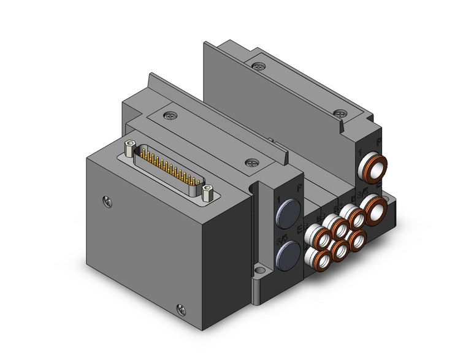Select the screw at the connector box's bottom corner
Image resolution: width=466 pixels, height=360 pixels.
coord(180,308)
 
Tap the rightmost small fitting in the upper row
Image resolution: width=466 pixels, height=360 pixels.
coord(353,216)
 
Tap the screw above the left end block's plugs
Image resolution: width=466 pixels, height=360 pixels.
coord(249,163)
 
